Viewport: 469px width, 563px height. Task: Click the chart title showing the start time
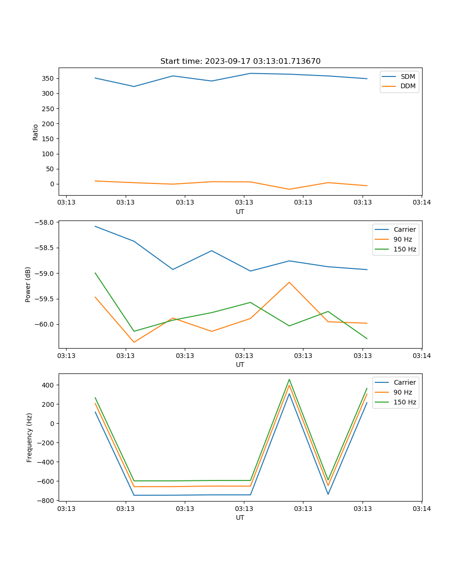click(240, 61)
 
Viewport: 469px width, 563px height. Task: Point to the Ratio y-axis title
click(36, 132)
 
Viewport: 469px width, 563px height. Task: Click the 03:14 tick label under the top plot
click(422, 203)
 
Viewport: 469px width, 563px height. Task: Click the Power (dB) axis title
click(28, 284)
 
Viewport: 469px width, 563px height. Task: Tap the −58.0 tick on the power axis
click(46, 222)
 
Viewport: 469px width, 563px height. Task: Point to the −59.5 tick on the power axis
click(46, 299)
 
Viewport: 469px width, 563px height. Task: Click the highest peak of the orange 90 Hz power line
click(289, 282)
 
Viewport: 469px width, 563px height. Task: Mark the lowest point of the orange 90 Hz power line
click(134, 342)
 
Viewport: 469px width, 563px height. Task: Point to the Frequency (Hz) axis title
click(29, 437)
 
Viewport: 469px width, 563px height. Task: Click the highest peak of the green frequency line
click(289, 380)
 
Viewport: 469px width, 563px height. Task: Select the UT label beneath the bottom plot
click(240, 517)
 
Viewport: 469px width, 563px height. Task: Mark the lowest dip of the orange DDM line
click(289, 189)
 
